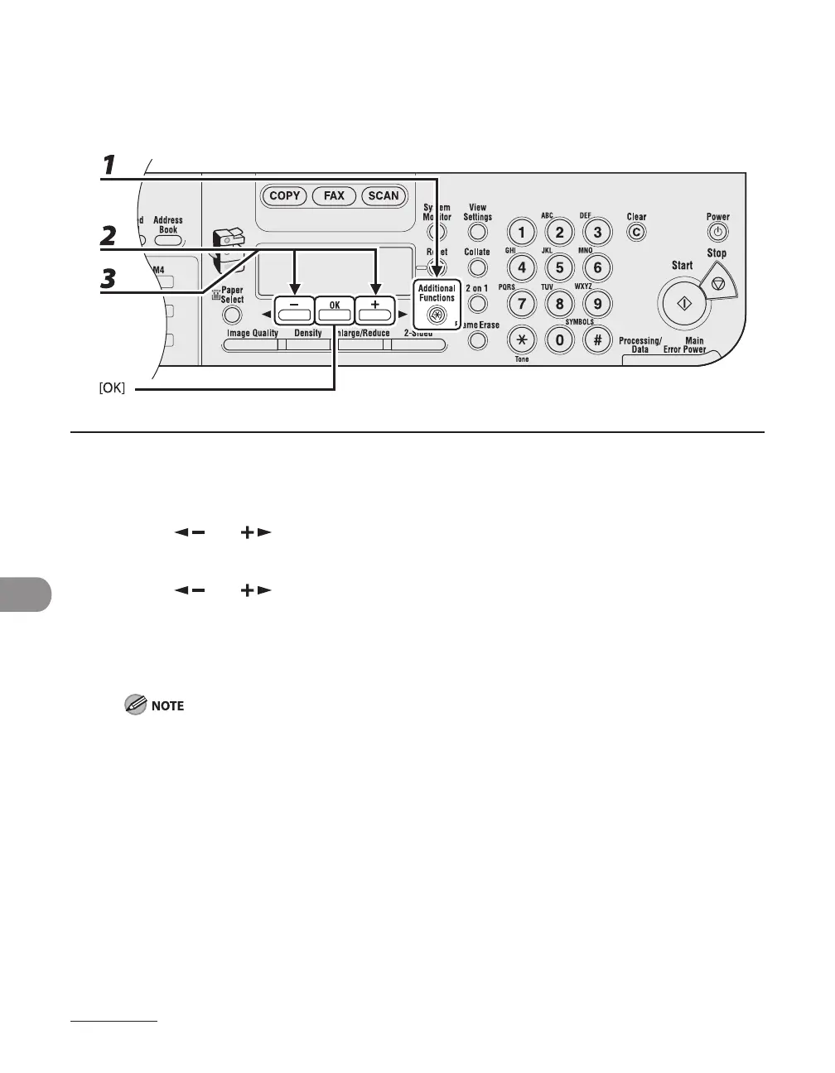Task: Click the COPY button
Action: [x=284, y=196]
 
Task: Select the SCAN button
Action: [x=384, y=196]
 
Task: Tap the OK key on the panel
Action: [x=335, y=310]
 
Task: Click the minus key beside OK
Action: [x=294, y=310]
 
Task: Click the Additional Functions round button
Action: [x=437, y=315]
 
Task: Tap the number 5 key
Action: [x=560, y=267]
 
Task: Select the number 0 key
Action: [x=560, y=339]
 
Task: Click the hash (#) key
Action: [x=598, y=339]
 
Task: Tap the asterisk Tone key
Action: [x=521, y=339]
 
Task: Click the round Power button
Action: [x=717, y=233]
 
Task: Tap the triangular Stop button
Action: [x=717, y=284]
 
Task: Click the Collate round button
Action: [x=477, y=267]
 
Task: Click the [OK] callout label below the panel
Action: [x=112, y=388]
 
